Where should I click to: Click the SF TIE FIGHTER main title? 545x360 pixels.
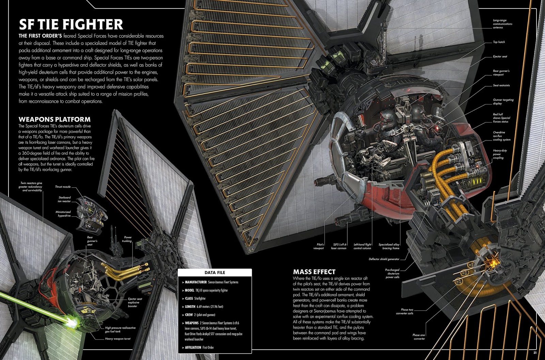click(x=71, y=24)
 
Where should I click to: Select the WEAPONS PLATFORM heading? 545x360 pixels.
click(x=54, y=119)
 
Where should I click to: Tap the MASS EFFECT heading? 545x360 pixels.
click(x=314, y=272)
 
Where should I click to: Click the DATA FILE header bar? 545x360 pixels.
click(x=215, y=272)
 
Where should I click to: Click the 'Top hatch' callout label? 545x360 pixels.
click(x=499, y=42)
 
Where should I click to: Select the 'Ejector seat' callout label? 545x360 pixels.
click(x=500, y=56)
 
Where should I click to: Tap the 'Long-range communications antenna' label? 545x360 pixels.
click(x=502, y=24)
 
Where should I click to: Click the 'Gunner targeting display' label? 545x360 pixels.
click(x=503, y=101)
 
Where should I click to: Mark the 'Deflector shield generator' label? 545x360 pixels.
click(x=384, y=259)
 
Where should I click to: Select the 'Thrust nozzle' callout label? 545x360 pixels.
click(x=63, y=187)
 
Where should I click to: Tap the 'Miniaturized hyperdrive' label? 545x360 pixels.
click(x=63, y=214)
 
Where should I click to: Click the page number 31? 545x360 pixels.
click(x=535, y=353)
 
